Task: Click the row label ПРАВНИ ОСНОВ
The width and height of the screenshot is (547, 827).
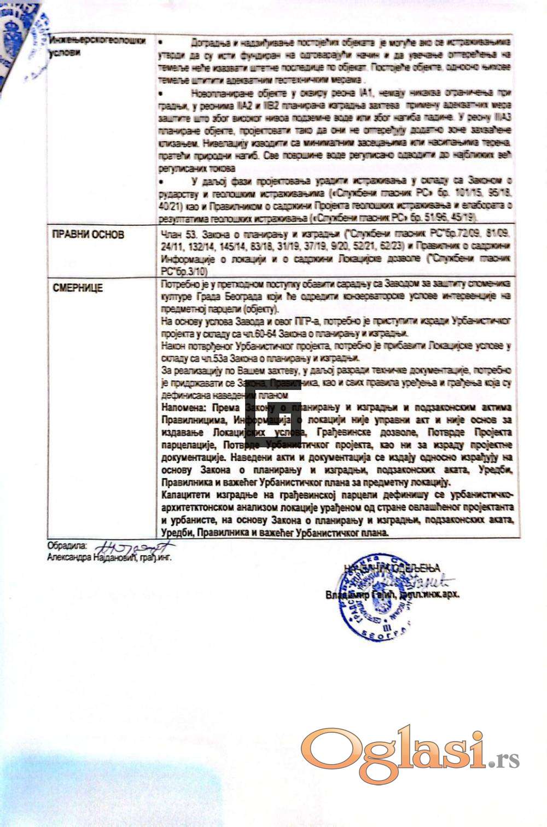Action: pyautogui.click(x=88, y=235)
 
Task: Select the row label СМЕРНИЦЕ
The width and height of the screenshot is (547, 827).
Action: pyautogui.click(x=78, y=288)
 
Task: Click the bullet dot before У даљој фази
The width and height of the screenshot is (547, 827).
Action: pyautogui.click(x=161, y=180)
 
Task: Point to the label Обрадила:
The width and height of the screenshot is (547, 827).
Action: pyautogui.click(x=67, y=545)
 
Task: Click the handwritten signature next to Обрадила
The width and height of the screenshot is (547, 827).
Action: pyautogui.click(x=134, y=547)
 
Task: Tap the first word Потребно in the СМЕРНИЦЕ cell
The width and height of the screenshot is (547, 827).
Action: pyautogui.click(x=178, y=283)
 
